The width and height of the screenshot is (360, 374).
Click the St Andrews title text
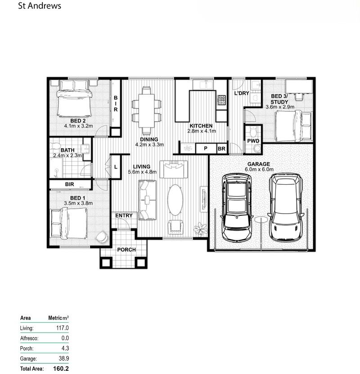39,6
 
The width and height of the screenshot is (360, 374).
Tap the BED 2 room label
78,121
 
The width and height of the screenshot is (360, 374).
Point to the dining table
146,107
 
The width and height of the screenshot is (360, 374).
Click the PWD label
253,141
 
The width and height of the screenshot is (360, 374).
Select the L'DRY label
242,94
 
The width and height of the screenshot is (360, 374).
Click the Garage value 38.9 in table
63,359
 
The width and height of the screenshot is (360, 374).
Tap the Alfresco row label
30,338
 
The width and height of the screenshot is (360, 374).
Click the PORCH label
126,250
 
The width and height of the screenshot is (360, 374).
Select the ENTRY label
124,215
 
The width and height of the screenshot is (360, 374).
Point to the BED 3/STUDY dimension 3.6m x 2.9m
279,107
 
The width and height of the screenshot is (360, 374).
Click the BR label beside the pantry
221,148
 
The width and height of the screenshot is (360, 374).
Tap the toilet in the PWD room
253,132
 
